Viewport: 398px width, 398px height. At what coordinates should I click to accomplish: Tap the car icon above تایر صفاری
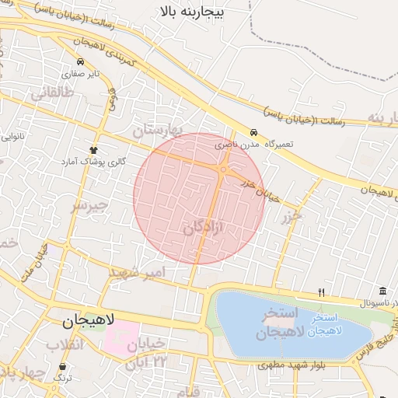(80, 61)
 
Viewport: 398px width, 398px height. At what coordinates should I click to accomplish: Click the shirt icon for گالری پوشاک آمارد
(93, 149)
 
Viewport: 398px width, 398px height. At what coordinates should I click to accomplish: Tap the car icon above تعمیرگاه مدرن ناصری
(253, 132)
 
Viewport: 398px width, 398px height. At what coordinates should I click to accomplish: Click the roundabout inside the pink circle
(224, 169)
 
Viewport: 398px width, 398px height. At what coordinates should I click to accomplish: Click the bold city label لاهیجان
(89, 320)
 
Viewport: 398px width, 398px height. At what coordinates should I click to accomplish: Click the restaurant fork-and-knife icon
(321, 292)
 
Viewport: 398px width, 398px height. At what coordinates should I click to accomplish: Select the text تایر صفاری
(81, 73)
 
